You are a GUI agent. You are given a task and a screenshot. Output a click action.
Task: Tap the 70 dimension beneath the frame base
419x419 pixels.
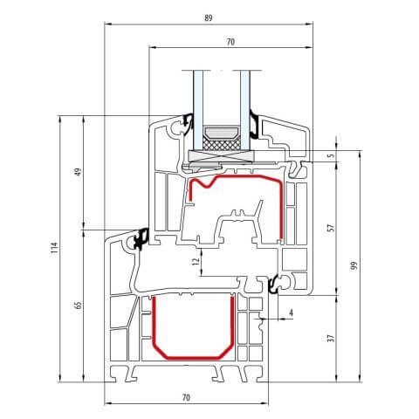pos(186,397)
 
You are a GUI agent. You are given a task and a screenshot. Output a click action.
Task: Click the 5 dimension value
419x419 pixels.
pos(330,156)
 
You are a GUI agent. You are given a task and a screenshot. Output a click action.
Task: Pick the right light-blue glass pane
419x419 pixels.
pos(247,100)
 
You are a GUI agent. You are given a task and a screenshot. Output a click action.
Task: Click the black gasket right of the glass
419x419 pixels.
pos(254,125)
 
